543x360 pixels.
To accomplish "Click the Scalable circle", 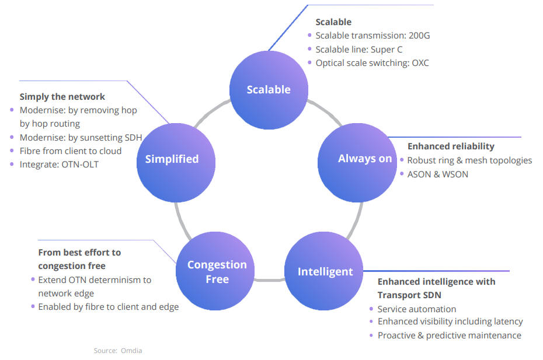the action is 269,90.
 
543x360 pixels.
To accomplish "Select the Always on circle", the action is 357,163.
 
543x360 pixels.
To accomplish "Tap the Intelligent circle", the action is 324,271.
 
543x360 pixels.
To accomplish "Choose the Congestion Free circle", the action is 215,271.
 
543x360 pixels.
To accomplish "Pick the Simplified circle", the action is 176,163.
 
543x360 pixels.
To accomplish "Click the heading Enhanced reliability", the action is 451,146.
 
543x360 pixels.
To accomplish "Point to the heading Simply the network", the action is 62,97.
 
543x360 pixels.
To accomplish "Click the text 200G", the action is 419,36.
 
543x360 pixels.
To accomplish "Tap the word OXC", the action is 420,63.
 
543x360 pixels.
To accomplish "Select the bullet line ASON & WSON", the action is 438,174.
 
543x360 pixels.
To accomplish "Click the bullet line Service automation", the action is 417,309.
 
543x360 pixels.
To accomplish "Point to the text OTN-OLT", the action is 80,165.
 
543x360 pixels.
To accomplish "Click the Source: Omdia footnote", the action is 118,351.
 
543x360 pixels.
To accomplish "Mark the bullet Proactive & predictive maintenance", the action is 450,335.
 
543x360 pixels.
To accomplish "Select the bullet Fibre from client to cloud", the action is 71,151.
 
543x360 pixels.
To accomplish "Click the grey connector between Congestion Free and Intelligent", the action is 269,279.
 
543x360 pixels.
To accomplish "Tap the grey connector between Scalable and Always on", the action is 326,111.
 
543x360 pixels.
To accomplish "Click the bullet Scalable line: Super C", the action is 359,50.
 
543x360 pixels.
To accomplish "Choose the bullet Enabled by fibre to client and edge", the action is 109,307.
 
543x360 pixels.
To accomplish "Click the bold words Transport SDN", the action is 409,295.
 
